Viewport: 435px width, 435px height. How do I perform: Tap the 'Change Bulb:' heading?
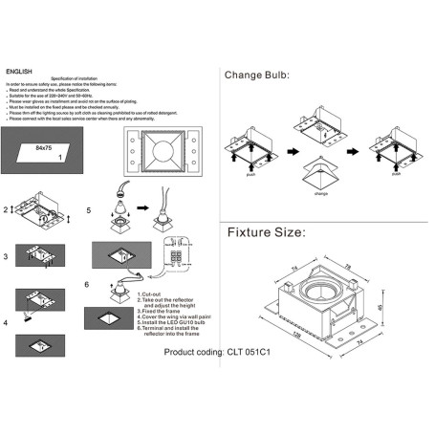pos(256,75)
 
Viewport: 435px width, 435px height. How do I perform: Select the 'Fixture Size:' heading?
pos(265,232)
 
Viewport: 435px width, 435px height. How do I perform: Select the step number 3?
pos(6,258)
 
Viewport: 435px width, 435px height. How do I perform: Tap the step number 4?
pos(6,321)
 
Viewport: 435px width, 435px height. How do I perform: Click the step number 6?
pos(88,284)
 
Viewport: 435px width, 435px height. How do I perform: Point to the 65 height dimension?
pos(380,307)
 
